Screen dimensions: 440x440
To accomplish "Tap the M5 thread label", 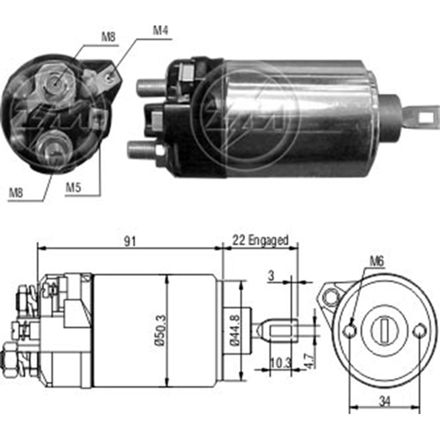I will pyautogui.click(x=73, y=187).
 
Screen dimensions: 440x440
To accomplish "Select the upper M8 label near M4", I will pyautogui.click(x=109, y=37).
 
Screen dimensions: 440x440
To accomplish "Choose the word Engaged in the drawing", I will pyautogui.click(x=268, y=240).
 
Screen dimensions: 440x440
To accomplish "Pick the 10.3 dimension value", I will pyautogui.click(x=281, y=363).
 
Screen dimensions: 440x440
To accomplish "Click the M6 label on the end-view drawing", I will pyautogui.click(x=377, y=261).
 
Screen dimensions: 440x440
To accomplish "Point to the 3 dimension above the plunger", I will pyautogui.click(x=271, y=275).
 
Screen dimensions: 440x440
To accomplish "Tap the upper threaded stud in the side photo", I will pyautogui.click(x=150, y=88).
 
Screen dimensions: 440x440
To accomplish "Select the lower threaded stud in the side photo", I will pyautogui.click(x=142, y=150).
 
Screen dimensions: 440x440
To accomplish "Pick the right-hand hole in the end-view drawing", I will pyautogui.click(x=420, y=330).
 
